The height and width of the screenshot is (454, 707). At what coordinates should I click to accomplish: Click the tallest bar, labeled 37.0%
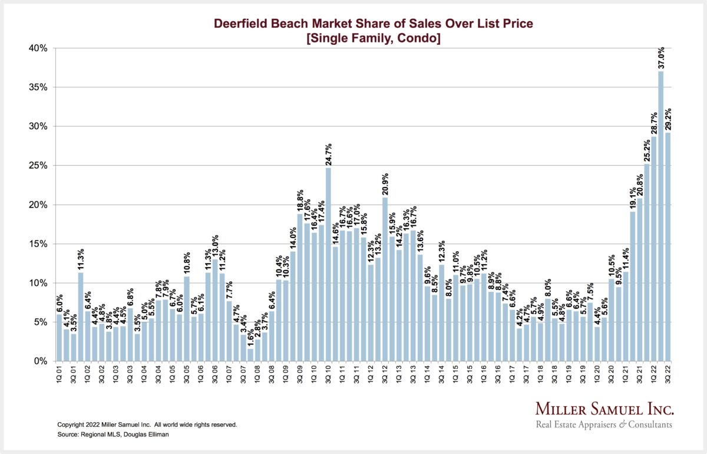point(660,216)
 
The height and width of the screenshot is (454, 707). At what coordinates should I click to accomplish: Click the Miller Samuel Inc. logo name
point(604,410)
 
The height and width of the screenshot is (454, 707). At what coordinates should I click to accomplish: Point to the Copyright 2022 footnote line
point(147,424)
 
